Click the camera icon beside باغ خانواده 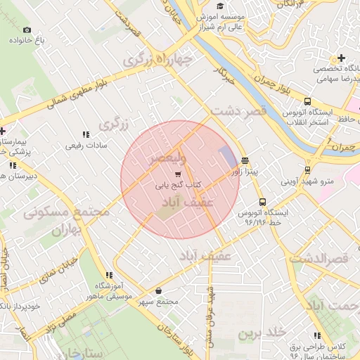pos(27,30)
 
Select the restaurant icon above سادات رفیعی pos(86,134)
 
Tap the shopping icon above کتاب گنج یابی pos(177,174)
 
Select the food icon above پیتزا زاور pos(244,160)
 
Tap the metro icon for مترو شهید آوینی pos(308,169)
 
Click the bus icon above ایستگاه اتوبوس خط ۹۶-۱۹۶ pos(263,202)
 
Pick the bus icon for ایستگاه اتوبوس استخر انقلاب pos(307,101)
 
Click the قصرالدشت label pos(327,259)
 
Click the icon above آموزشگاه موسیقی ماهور pos(109,275)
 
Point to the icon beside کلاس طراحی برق pos(318,336)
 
